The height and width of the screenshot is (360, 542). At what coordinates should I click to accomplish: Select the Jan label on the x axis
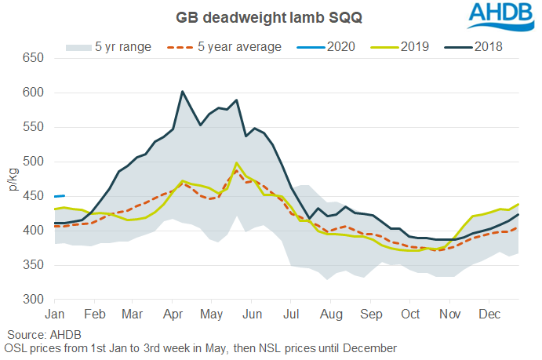55,314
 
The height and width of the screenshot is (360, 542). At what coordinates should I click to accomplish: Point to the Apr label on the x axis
173,314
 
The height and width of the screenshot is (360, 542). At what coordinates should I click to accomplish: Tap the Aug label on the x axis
331,314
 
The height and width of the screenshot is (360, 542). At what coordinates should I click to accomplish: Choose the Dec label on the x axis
489,314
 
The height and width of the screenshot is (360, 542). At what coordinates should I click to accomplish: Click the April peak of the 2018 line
183,92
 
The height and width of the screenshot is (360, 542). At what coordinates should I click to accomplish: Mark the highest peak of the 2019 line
237,163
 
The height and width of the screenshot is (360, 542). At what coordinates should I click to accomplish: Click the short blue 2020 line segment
59,196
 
